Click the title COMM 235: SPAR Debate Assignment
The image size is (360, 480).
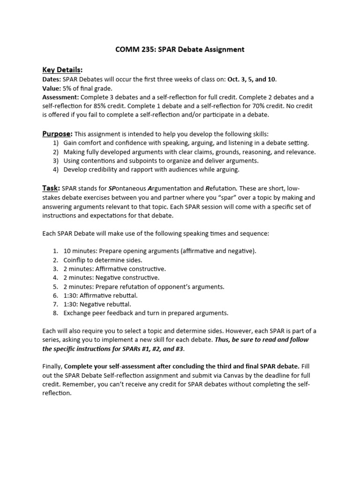(x=180, y=49)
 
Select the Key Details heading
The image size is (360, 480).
(x=62, y=70)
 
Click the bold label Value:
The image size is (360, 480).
(x=52, y=88)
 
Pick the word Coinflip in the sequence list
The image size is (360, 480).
(x=76, y=260)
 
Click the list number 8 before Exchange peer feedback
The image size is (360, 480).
(x=55, y=313)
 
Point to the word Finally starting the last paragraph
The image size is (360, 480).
(x=52, y=367)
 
